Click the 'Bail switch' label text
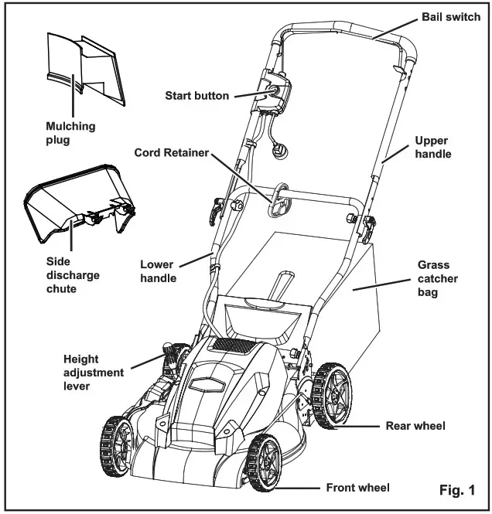click(x=451, y=17)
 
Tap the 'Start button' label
click(x=197, y=96)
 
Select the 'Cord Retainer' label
click(x=171, y=153)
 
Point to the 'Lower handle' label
click(x=158, y=271)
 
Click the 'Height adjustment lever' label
click(x=94, y=373)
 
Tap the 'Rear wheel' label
click(x=415, y=426)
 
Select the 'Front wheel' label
click(x=357, y=488)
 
